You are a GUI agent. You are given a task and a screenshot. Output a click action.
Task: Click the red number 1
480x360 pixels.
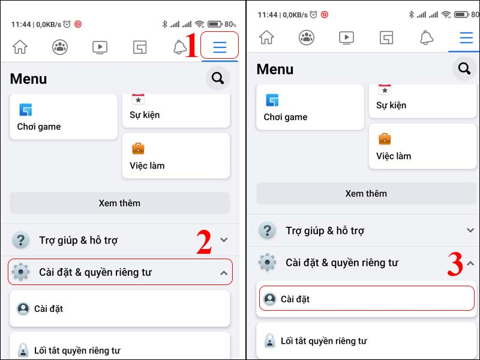[191, 46]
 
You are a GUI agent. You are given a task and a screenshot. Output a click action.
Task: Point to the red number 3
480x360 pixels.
[455, 265]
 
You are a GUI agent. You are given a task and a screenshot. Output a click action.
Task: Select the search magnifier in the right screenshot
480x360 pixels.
[464, 69]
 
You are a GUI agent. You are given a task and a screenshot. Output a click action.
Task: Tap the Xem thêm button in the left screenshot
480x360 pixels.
[119, 203]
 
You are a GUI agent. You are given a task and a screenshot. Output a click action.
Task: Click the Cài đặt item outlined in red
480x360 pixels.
[366, 299]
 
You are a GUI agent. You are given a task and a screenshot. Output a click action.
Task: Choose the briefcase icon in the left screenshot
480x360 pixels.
[138, 148]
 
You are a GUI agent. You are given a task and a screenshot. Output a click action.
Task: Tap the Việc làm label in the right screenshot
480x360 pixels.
[394, 156]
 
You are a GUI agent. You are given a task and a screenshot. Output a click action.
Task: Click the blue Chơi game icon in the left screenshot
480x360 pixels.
[25, 110]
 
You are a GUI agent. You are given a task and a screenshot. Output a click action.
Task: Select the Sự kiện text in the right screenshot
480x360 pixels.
[391, 105]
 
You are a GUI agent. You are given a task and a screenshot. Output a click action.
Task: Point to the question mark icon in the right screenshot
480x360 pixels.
[267, 230]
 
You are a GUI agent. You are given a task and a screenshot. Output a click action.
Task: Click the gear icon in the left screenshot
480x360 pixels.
[21, 272]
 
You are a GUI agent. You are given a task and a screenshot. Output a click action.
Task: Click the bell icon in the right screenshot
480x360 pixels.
[427, 38]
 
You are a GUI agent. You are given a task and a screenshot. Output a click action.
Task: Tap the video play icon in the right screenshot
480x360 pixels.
[346, 38]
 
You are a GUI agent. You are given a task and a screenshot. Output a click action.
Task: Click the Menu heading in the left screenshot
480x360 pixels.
[28, 79]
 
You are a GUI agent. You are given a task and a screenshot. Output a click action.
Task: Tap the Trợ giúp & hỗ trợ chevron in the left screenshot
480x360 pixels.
[224, 240]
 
